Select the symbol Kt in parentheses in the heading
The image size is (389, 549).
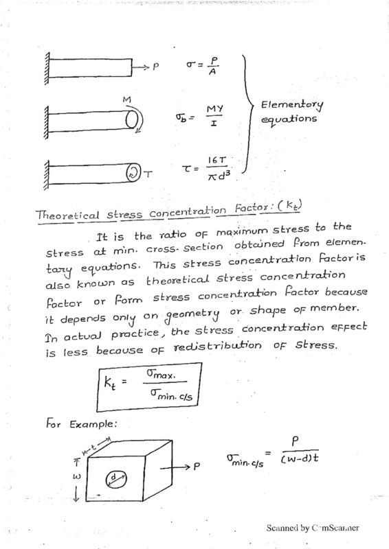[x=290, y=207]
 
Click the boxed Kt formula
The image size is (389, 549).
[x=148, y=387]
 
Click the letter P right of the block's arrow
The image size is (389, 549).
[x=197, y=465]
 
